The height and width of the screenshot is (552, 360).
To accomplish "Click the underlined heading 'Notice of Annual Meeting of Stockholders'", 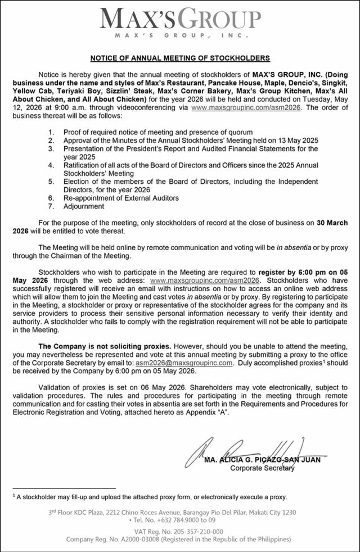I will (180, 58).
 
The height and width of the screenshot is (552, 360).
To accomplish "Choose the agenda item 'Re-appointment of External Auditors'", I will (121, 198).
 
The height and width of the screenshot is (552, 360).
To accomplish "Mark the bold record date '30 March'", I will (338, 223).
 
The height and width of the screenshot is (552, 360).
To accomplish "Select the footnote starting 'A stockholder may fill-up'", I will (152, 497).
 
